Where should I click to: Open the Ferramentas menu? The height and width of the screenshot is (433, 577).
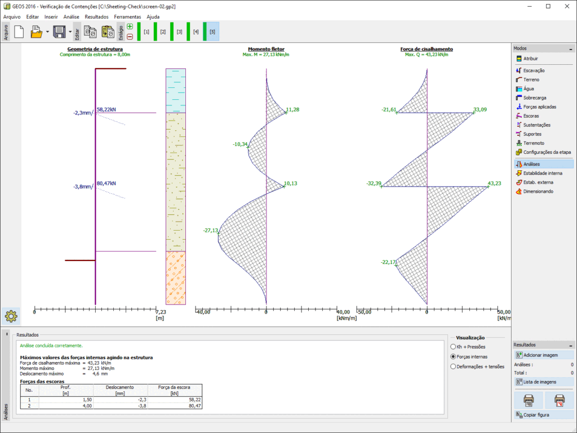coord(127,17)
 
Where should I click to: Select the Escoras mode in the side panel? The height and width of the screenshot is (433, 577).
coord(531,116)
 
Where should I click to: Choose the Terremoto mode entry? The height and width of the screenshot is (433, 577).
coord(534,143)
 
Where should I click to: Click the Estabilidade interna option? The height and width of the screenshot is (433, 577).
coord(543,173)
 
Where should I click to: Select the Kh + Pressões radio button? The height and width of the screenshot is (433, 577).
coord(454,347)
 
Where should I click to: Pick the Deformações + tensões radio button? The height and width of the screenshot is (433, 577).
coord(454,366)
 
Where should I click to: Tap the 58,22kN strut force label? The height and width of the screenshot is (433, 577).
coord(106,109)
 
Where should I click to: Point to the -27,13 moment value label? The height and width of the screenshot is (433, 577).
coord(211,231)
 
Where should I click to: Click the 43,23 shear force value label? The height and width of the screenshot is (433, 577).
coord(494,183)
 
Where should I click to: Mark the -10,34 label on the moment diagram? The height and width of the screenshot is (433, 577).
coord(240,144)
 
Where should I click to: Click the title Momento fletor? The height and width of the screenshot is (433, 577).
coord(266,49)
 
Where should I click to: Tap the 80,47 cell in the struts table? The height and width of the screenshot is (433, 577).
coord(175,406)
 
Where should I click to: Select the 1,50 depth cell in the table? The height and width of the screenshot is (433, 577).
coord(66,400)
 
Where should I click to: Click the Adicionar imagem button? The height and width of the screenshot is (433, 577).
coord(544,355)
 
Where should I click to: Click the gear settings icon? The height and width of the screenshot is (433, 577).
coord(11,316)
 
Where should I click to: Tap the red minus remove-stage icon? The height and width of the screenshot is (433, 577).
coord(130,37)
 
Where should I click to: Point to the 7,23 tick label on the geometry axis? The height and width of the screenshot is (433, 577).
coord(161,312)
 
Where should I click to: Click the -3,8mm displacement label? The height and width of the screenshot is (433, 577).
coord(83,187)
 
